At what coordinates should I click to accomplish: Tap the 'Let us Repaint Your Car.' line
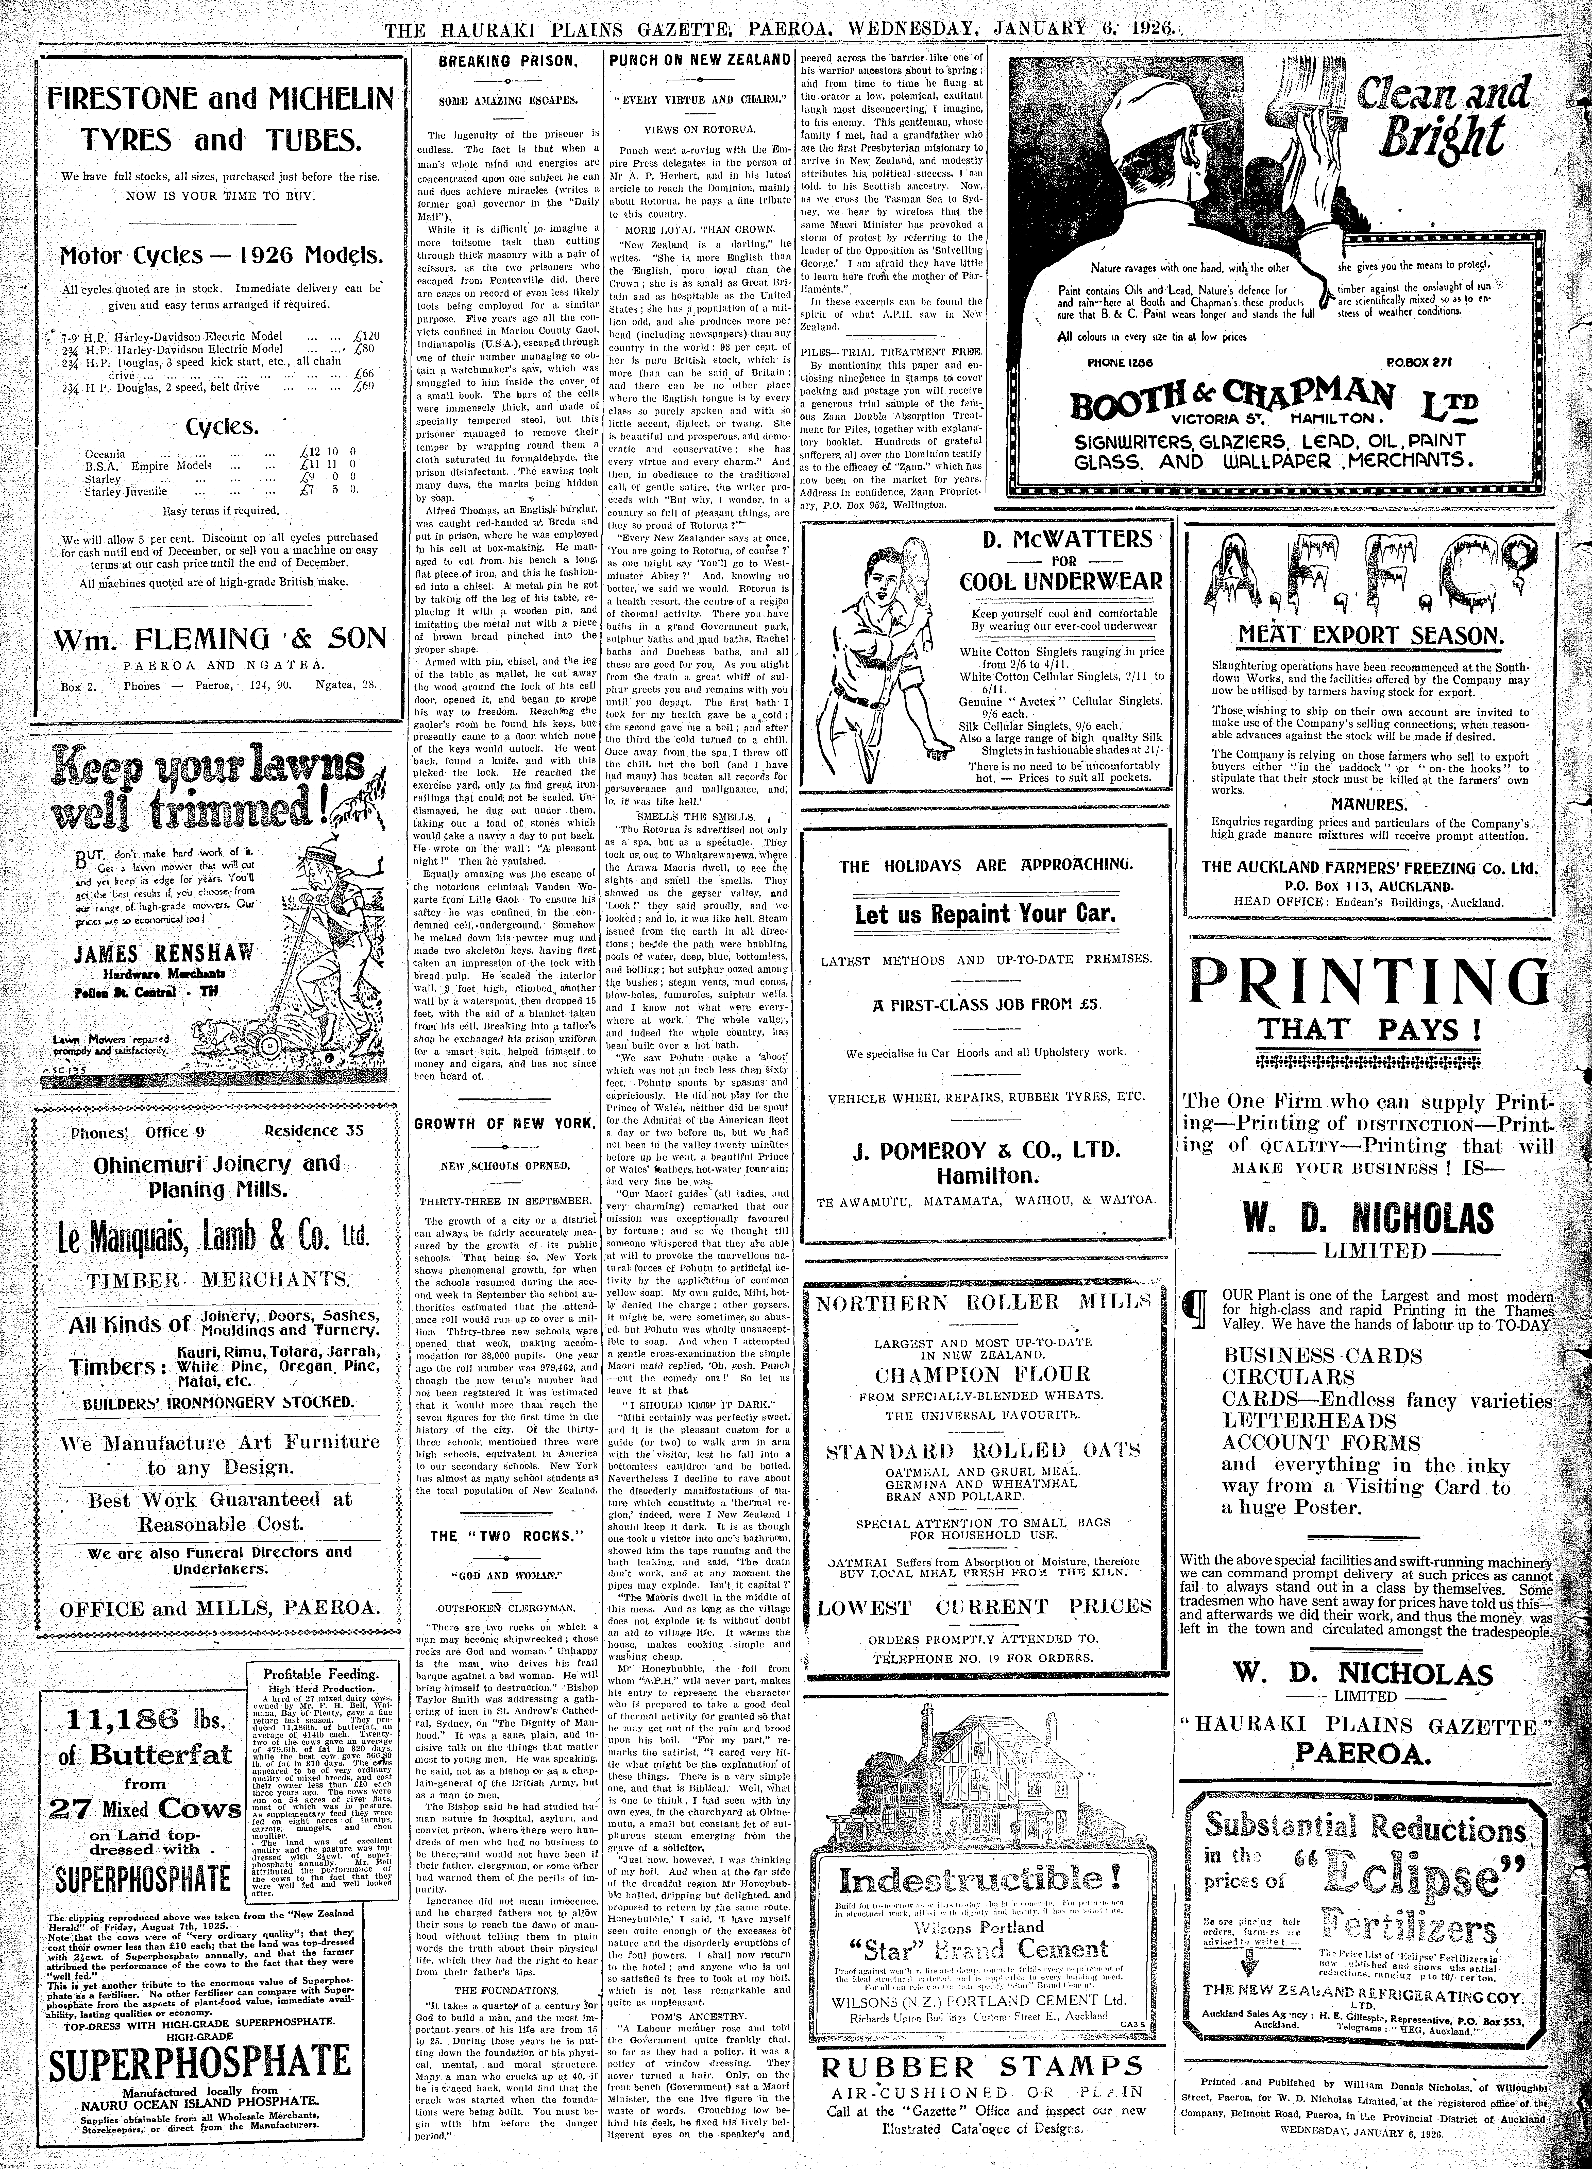pos(985,914)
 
